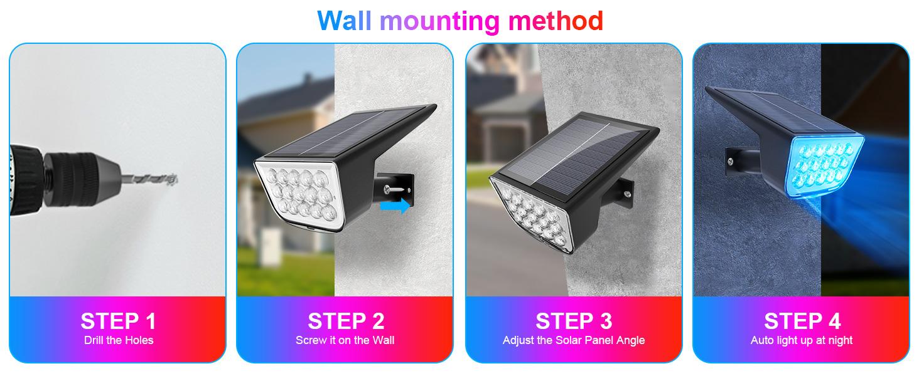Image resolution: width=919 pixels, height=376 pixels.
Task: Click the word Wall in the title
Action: pyautogui.click(x=346, y=21)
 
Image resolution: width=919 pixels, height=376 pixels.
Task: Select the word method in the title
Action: pyautogui.click(x=556, y=21)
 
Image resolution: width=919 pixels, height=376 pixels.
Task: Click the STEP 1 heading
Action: pyautogui.click(x=118, y=321)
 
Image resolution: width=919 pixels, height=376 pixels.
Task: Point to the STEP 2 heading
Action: pyautogui.click(x=345, y=321)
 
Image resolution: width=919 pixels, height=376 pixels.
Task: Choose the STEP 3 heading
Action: pyautogui.click(x=573, y=321)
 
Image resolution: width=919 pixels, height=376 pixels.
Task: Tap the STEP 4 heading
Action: pyautogui.click(x=802, y=321)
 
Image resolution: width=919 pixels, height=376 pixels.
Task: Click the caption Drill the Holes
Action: pyautogui.click(x=119, y=340)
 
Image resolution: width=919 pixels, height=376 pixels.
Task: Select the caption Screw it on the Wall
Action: pyautogui.click(x=345, y=340)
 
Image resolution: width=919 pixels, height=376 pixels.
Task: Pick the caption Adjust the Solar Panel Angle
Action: pyautogui.click(x=573, y=340)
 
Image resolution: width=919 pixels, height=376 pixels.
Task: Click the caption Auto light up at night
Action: pyautogui.click(x=802, y=340)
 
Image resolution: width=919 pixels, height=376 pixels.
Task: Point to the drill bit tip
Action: pyautogui.click(x=176, y=180)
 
